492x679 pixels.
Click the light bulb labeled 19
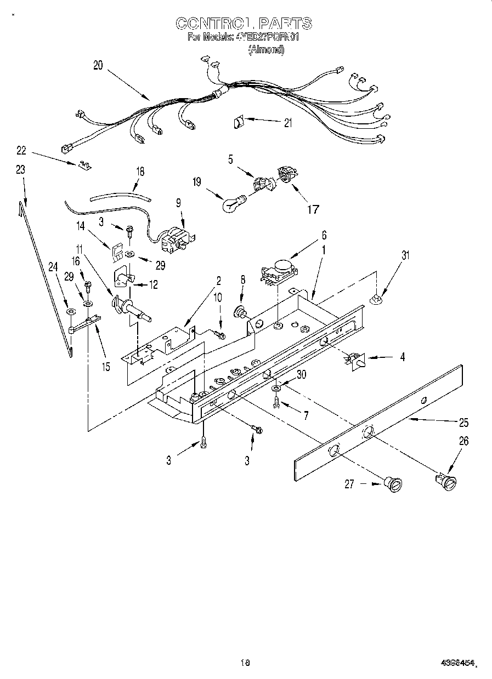(230, 204)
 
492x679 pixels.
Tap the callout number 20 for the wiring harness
(98, 65)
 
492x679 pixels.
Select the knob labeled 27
(393, 483)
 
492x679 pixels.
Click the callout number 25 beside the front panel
(463, 423)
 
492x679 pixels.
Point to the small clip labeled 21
(239, 122)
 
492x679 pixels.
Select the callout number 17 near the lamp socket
(313, 208)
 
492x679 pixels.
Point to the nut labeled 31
(376, 299)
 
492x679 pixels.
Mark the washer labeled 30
(276, 388)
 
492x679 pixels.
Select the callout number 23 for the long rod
(20, 170)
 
